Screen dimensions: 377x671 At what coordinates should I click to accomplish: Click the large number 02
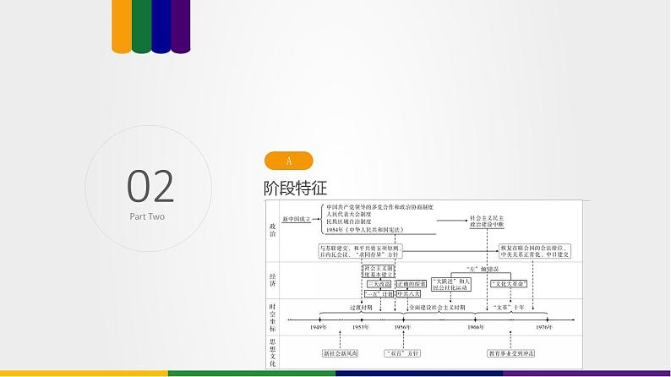pyautogui.click(x=150, y=184)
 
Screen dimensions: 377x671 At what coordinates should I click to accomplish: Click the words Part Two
pyautogui.click(x=147, y=217)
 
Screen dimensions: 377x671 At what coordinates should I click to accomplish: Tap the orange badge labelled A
pyautogui.click(x=288, y=161)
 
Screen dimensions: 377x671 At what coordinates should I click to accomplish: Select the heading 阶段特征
pyautogui.click(x=295, y=187)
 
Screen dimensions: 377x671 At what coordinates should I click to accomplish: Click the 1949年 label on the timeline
pyautogui.click(x=319, y=327)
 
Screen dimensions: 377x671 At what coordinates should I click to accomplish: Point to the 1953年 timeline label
pyautogui.click(x=360, y=327)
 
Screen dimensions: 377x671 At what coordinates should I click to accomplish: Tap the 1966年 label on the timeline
pyautogui.click(x=476, y=327)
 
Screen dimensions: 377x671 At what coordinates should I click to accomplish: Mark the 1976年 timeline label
pyautogui.click(x=543, y=327)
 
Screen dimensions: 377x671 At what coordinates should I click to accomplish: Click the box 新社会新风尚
pyautogui.click(x=340, y=353)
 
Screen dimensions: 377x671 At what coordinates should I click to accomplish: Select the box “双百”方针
pyautogui.click(x=402, y=353)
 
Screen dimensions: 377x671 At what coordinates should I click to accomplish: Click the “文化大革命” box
pyautogui.click(x=509, y=282)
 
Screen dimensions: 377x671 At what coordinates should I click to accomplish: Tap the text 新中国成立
pyautogui.click(x=297, y=219)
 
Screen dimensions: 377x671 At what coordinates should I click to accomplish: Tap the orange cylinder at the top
pyautogui.click(x=121, y=25)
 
